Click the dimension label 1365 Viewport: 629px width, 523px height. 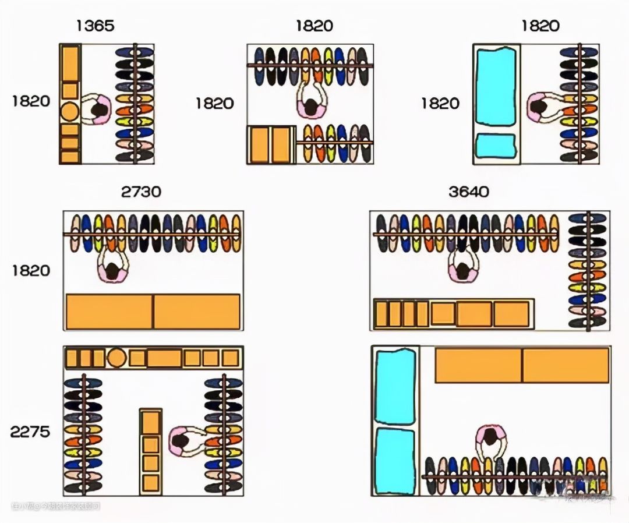pyautogui.click(x=94, y=26)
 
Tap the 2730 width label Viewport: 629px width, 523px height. pyautogui.click(x=141, y=192)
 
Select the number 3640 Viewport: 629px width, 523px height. pyautogui.click(x=468, y=192)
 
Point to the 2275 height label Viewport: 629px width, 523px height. pyautogui.click(x=30, y=432)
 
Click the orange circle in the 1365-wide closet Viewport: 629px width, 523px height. pyautogui.click(x=70, y=111)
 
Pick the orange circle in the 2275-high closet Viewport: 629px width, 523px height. pyautogui.click(x=117, y=358)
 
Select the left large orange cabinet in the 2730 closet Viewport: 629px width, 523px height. pyautogui.click(x=109, y=312)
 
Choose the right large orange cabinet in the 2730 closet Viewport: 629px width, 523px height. pyautogui.click(x=197, y=312)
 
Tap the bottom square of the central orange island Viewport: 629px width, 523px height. pyautogui.click(x=151, y=483)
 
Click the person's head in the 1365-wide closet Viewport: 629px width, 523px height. pyautogui.click(x=101, y=109)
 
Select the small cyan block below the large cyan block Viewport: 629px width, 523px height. pyautogui.click(x=496, y=146)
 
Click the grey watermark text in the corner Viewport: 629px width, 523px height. pyautogui.click(x=55, y=507)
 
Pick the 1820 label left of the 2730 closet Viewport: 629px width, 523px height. pyautogui.click(x=30, y=271)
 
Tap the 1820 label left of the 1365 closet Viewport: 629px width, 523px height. pyautogui.click(x=30, y=101)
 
